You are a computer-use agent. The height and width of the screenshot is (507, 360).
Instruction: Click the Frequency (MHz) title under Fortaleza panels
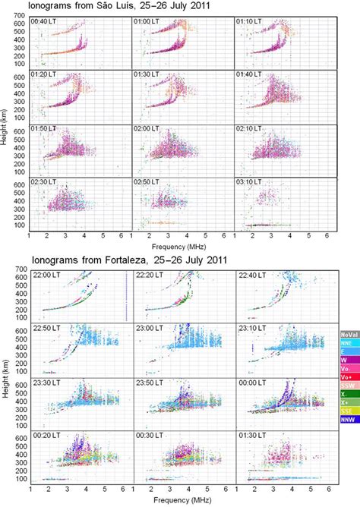click(181, 502)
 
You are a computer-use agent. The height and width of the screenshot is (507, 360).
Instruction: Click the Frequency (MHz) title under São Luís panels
click(181, 247)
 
